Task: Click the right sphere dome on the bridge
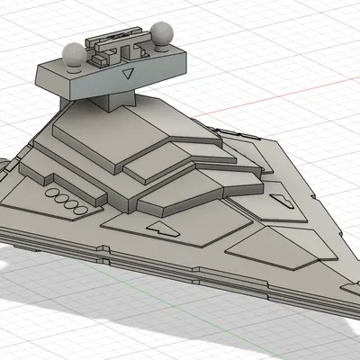click(163, 37)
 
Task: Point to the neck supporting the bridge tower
click(115, 97)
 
